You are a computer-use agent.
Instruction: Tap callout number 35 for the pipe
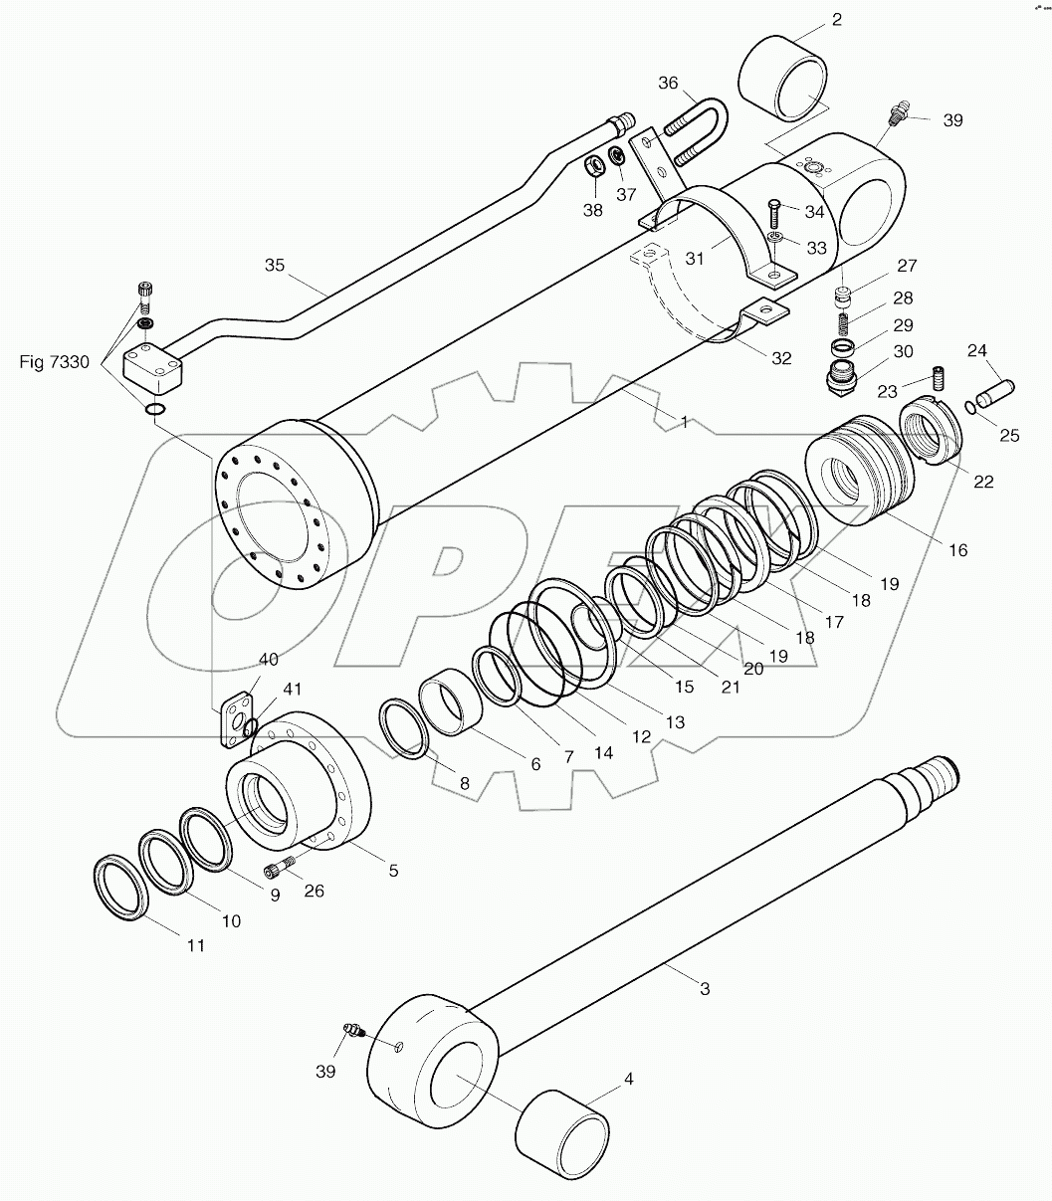tap(275, 266)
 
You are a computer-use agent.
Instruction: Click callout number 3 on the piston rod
tap(705, 988)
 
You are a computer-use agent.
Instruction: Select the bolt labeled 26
tap(278, 869)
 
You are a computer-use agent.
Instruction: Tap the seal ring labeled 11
tap(119, 886)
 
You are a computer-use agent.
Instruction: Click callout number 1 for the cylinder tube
tap(684, 422)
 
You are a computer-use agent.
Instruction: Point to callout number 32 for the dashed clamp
tap(780, 358)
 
